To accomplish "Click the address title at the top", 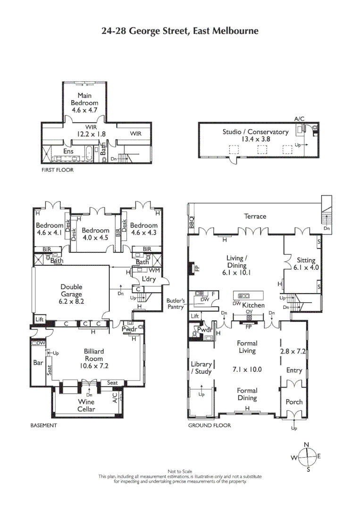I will point(180,31).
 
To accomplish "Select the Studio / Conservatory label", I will point(255,132).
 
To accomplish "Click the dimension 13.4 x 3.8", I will point(255,139).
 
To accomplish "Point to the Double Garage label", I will point(71,290).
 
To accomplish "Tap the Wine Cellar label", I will point(86,406).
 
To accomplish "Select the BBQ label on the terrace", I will point(192,222).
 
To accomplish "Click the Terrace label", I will point(255,216).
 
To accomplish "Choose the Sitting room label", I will point(306,260).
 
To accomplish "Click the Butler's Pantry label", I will point(176,304).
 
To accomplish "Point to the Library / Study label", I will point(201,368).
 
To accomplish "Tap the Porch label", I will point(294,402).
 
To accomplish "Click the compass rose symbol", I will point(307,457).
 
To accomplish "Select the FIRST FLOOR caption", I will point(58,170).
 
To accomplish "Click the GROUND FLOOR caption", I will point(209,425).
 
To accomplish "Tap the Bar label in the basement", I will point(38,363).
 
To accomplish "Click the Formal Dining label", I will point(247,394).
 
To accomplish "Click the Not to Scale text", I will point(180,471).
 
